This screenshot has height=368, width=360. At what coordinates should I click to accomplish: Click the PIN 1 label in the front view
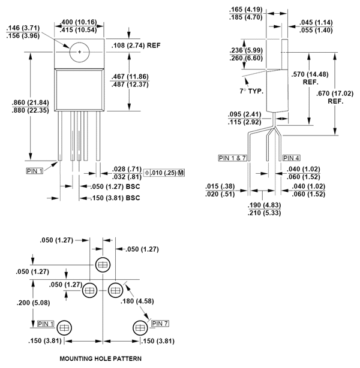(x=35, y=171)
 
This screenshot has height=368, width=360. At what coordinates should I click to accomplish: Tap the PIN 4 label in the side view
(x=291, y=158)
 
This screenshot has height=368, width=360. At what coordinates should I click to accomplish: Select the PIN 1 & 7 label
(x=232, y=158)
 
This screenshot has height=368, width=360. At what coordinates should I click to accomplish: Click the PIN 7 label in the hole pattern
(x=160, y=324)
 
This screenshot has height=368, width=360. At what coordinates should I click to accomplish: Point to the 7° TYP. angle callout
(x=251, y=91)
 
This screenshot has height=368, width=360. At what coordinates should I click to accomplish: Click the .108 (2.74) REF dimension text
(x=136, y=46)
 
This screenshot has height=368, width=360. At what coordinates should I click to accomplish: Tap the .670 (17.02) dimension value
(x=335, y=93)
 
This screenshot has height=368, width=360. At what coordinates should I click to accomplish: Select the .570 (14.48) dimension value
(x=310, y=74)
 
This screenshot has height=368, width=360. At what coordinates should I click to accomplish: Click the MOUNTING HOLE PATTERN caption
(x=101, y=358)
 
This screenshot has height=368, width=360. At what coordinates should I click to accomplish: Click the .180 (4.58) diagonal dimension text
(x=137, y=301)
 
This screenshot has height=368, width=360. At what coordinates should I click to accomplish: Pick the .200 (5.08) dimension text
(x=33, y=303)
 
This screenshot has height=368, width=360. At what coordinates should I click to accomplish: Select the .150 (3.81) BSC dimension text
(x=115, y=198)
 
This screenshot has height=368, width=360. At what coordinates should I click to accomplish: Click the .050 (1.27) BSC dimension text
(x=115, y=186)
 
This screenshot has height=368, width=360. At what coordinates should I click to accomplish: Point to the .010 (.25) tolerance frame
(x=164, y=173)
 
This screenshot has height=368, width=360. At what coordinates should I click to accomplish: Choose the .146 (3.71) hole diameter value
(x=23, y=28)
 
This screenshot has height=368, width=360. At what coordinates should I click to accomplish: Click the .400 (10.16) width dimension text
(x=79, y=22)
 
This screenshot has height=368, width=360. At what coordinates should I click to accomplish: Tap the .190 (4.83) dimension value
(x=264, y=205)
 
